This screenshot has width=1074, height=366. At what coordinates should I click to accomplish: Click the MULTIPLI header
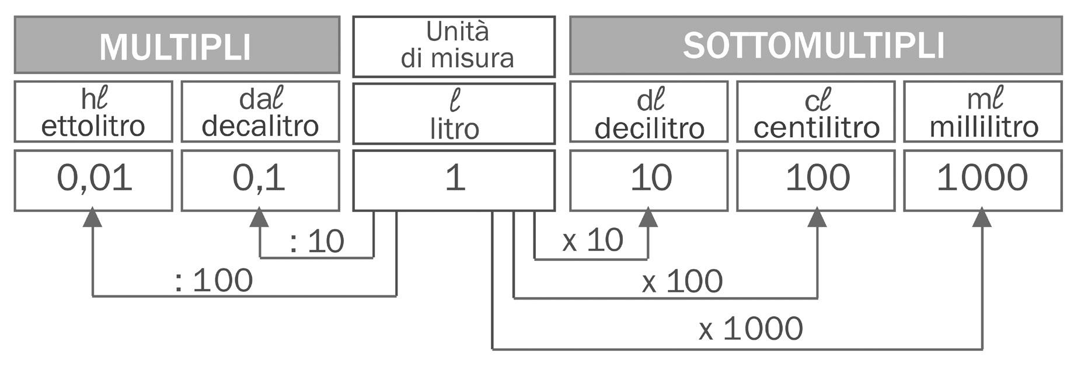(x=176, y=47)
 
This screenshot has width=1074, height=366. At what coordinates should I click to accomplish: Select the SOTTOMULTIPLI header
(x=814, y=46)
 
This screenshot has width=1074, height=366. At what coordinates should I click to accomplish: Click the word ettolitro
(x=93, y=127)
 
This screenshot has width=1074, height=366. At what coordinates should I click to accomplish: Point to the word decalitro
(x=260, y=127)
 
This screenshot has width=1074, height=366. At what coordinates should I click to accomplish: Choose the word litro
(x=454, y=129)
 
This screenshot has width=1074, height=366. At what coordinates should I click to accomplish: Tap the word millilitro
(x=984, y=127)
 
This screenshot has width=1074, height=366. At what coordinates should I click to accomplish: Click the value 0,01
(x=95, y=178)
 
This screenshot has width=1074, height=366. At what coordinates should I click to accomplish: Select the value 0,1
(x=259, y=178)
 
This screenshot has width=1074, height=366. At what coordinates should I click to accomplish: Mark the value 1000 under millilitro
(x=982, y=178)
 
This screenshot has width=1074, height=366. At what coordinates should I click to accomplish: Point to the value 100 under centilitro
(x=817, y=178)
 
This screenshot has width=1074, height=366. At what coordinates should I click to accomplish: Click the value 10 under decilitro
(x=651, y=178)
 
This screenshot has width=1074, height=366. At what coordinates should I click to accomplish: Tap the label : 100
(x=214, y=280)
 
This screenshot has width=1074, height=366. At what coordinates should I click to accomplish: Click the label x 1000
(x=751, y=329)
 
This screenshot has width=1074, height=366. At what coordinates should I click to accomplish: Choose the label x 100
(x=682, y=282)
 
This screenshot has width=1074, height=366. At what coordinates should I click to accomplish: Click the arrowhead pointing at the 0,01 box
(x=93, y=218)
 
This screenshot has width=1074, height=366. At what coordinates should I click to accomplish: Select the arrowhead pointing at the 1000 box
(x=982, y=218)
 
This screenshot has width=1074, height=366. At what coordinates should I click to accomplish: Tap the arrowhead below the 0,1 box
(x=259, y=218)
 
